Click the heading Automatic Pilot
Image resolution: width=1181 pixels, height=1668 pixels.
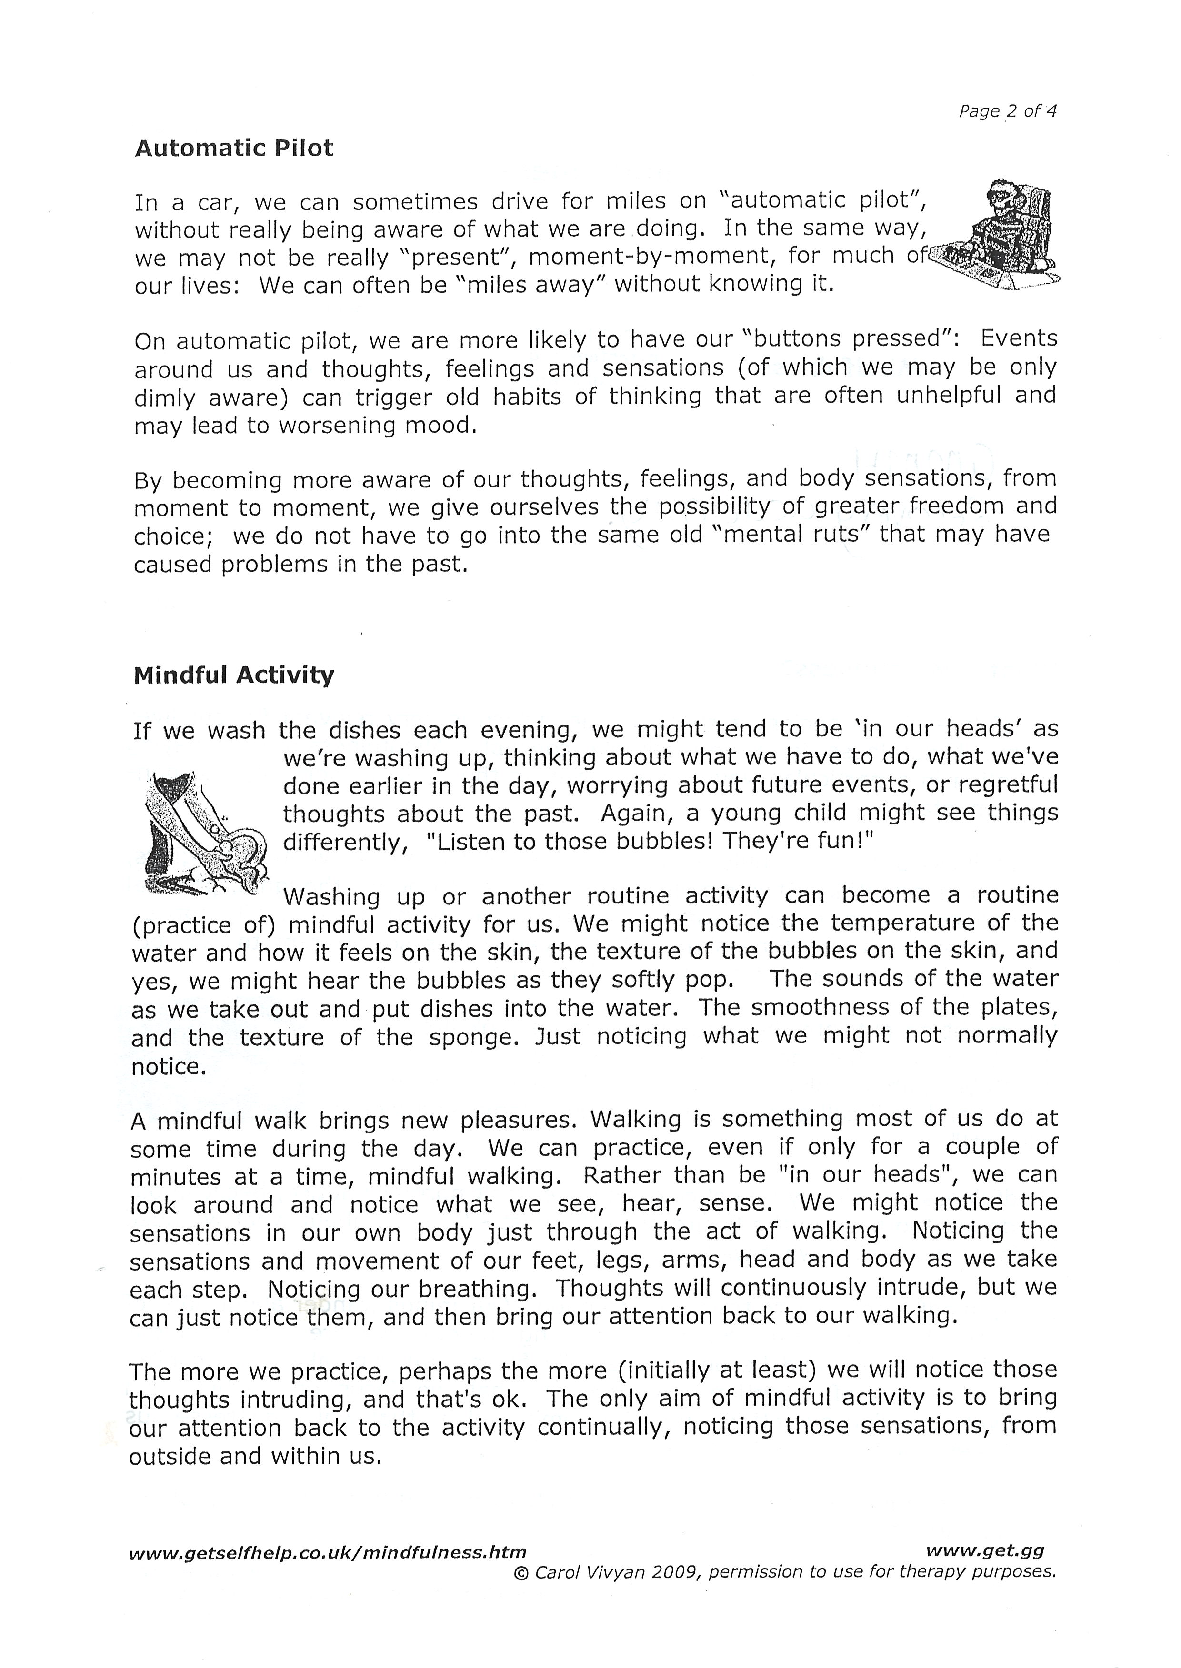(x=234, y=148)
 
